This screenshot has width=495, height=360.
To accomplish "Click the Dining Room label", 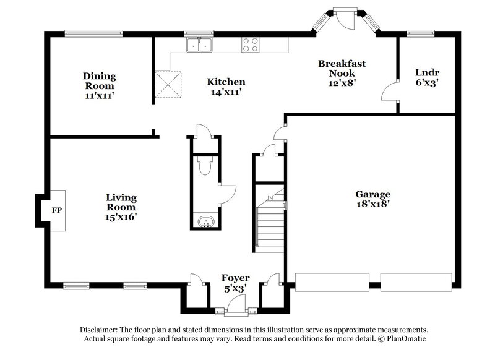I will click(100, 86).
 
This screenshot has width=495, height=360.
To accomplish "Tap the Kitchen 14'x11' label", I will click(226, 87).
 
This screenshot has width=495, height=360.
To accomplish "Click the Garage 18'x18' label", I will click(372, 199).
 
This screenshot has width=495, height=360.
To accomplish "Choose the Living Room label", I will click(121, 207).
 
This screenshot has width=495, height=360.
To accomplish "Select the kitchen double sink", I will click(199, 45).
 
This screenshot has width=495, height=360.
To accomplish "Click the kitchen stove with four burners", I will click(249, 45).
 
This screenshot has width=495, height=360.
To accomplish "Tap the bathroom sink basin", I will click(205, 221).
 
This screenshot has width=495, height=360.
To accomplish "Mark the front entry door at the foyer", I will click(235, 304).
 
